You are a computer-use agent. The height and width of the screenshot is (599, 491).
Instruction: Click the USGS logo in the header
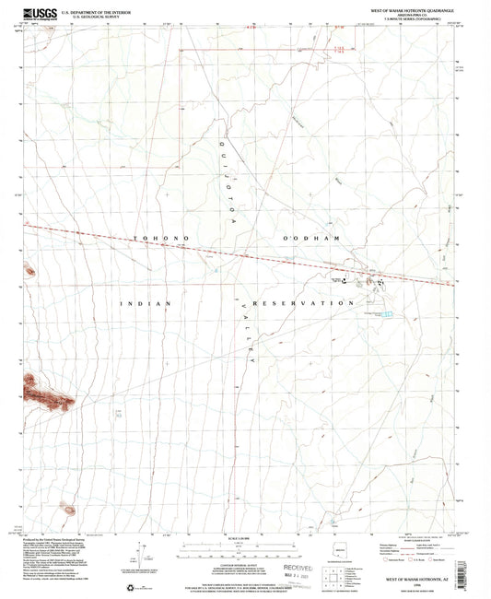click(x=39, y=13)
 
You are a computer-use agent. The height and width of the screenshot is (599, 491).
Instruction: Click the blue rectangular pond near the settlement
click(x=389, y=315)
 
